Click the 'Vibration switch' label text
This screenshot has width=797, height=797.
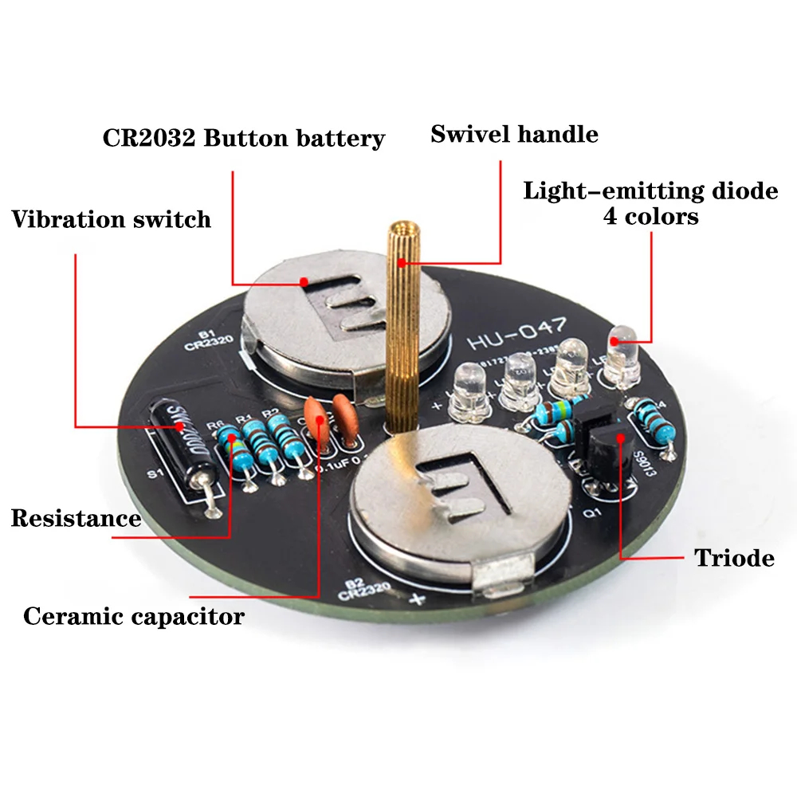(x=111, y=219)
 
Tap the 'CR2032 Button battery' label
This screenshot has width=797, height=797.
(x=243, y=138)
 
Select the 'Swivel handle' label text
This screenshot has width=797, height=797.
(x=514, y=133)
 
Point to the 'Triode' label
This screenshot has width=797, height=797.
(x=733, y=558)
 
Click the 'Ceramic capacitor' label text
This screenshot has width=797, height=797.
(x=133, y=616)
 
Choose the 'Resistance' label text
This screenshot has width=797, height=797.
(x=76, y=519)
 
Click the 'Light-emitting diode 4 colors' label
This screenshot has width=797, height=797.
(x=650, y=203)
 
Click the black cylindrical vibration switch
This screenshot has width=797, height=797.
(x=182, y=446)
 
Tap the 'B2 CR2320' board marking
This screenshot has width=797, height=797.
(x=363, y=590)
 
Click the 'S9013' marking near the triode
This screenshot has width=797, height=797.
(x=644, y=462)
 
